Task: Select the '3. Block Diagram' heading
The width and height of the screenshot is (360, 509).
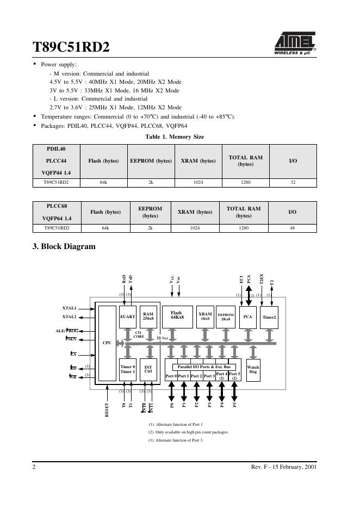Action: tap(65, 246)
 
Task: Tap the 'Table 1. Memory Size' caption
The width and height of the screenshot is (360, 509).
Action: tap(175, 136)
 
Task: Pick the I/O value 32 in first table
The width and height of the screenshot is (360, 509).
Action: tap(293, 183)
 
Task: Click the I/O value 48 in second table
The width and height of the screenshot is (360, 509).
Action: tap(292, 228)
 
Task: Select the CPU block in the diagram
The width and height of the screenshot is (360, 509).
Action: tap(107, 343)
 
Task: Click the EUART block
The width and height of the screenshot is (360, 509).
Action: tap(127, 316)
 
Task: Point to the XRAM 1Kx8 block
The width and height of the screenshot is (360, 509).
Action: tap(205, 316)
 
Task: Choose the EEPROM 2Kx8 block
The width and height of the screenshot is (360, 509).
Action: tap(226, 316)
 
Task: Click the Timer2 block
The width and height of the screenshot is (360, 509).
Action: tap(269, 316)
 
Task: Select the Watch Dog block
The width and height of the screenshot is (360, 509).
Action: tap(253, 370)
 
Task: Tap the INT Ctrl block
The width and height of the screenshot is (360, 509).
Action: tap(148, 370)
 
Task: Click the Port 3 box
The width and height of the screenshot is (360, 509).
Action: tap(209, 376)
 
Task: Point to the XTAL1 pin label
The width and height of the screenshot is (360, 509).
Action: tap(69, 308)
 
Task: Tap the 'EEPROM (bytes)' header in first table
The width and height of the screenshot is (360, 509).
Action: tap(151, 161)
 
